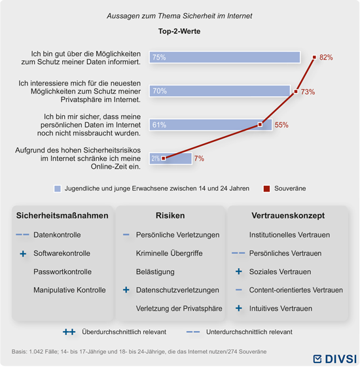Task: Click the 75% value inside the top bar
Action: [159, 58]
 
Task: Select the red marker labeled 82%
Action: [314, 57]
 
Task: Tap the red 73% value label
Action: [308, 92]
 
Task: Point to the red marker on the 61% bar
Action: [260, 124]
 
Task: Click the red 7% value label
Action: [199, 158]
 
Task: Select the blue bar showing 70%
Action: [220, 91]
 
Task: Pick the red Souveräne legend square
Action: [266, 188]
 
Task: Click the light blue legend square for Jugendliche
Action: [58, 188]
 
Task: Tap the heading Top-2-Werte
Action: [179, 31]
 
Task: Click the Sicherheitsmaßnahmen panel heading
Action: [62, 215]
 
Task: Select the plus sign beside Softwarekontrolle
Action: [23, 253]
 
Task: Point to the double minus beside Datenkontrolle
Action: [22, 234]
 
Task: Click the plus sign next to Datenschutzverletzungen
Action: [126, 290]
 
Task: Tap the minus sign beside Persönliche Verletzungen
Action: [126, 234]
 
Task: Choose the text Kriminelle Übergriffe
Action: [169, 253]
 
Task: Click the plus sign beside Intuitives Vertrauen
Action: [239, 308]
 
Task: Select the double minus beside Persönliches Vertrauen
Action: [238, 253]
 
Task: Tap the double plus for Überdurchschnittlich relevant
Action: [69, 332]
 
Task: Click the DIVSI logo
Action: [335, 358]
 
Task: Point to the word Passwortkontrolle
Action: [63, 271]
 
